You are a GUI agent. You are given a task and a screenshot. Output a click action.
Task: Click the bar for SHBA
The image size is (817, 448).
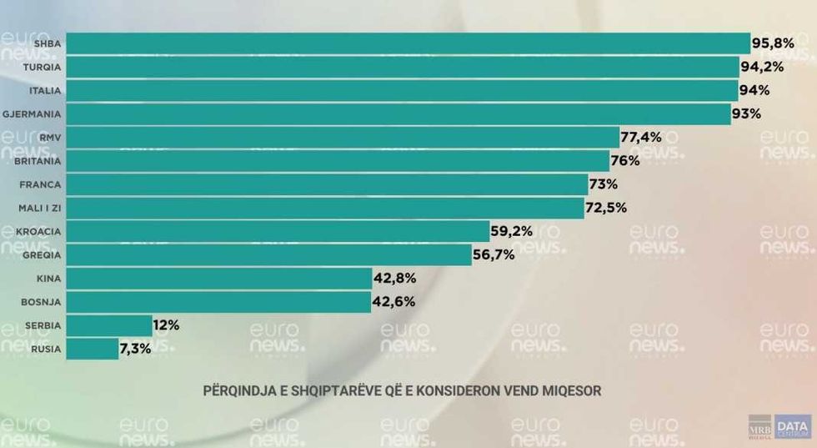coord(408,43)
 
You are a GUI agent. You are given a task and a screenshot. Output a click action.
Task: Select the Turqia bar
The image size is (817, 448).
coord(402,67)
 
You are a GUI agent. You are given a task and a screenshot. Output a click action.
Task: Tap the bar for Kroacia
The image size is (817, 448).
coord(277,231)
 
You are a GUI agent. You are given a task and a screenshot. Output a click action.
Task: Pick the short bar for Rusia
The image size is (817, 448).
coord(92,349)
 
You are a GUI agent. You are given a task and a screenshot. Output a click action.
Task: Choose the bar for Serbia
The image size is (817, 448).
coord(108,325)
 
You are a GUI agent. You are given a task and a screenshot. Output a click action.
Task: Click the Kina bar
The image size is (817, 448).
coord(218,278)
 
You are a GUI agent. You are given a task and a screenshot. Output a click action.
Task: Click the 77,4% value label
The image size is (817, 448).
coord(641,137)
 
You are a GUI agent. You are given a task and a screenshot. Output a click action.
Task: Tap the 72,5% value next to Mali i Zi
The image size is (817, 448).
coord(606,208)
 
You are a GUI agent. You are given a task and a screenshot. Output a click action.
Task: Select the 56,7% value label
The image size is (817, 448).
coord(494,254)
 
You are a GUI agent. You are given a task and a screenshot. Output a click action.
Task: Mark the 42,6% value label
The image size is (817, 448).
coord(394,301)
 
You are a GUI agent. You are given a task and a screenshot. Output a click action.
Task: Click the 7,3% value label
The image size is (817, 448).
coord(136,349)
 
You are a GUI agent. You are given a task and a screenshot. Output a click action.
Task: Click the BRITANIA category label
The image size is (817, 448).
coord(38,160)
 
